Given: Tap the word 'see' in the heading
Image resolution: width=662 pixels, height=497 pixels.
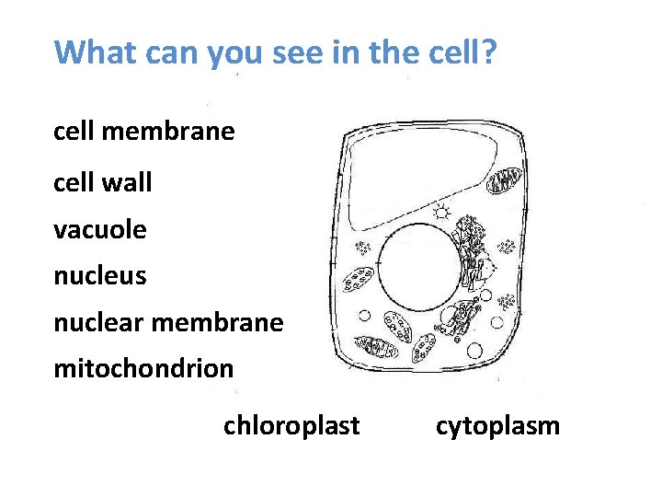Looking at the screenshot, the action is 302,52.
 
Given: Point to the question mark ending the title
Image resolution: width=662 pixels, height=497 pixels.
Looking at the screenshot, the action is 488,52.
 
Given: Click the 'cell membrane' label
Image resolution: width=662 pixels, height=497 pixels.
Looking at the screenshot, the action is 144,132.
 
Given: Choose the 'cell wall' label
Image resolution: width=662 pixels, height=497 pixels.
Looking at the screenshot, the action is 103,182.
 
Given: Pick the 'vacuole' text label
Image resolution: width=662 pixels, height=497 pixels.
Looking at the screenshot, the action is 100,229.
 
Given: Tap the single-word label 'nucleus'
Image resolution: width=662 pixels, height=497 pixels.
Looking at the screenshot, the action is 100,275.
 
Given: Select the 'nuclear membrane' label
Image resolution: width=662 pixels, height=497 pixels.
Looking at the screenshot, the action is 168,322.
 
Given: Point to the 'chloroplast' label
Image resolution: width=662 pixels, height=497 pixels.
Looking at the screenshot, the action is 291,425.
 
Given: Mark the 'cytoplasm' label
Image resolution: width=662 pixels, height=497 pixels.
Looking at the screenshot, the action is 497,426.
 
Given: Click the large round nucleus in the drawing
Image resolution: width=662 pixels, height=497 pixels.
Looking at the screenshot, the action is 416,267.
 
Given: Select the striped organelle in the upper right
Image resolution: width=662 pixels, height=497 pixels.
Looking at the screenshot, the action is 504,180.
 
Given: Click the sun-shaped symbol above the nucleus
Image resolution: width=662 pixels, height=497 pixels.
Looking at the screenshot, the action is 441,212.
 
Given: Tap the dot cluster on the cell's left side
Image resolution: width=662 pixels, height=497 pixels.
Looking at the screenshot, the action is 362,247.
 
